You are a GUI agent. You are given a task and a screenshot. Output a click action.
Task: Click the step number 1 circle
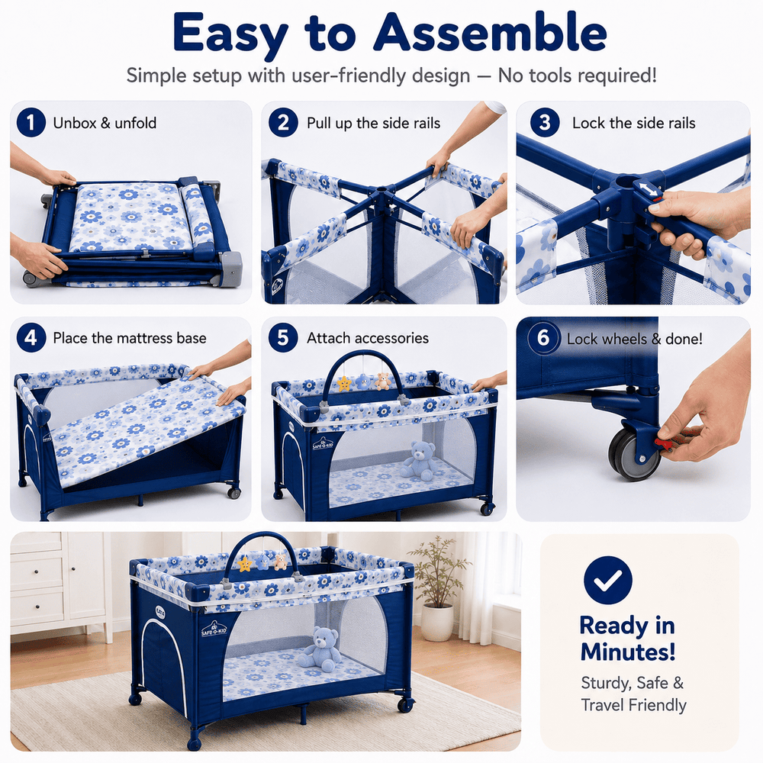coord(31,122)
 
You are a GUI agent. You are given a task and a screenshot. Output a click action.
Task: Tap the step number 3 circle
coord(545,122)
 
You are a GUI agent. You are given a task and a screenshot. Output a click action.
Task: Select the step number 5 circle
coord(283,338)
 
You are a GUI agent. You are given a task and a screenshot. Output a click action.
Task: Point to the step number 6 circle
coord(543,338)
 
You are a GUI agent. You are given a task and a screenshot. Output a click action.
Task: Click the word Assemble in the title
coord(490,33)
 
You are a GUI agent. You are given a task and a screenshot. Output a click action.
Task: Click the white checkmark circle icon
coord(608,580)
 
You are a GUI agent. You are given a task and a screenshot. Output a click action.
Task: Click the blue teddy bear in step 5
coord(418,460)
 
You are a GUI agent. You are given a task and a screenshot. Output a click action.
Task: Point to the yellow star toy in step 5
coord(344,384)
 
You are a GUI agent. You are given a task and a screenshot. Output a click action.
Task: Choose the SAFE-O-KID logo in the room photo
coord(214,629)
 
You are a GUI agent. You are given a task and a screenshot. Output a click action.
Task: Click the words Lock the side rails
coord(633,123)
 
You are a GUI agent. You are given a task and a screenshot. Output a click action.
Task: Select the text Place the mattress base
coord(130,338)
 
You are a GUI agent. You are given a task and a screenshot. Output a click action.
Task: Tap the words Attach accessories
coord(368,338)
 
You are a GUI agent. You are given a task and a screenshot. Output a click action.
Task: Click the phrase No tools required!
coord(577,76)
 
